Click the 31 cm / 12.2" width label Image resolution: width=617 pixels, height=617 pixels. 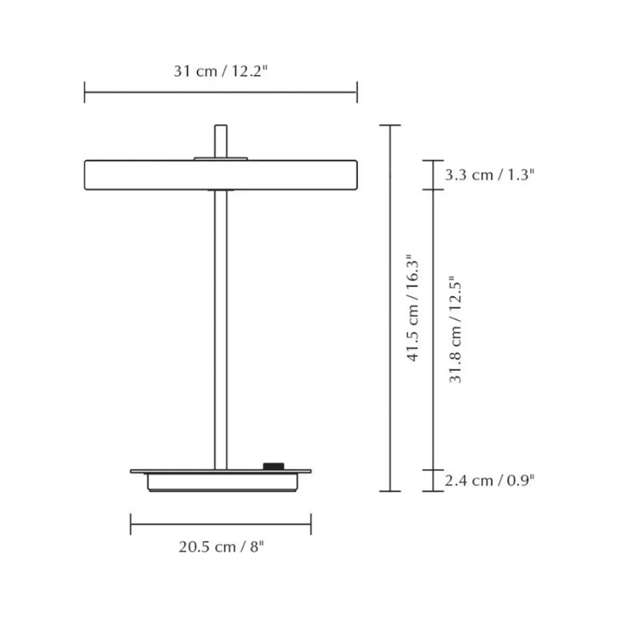click(x=221, y=71)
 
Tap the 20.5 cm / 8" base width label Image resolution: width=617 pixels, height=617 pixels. click(x=221, y=547)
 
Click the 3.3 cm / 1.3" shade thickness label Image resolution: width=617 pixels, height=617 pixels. click(x=490, y=175)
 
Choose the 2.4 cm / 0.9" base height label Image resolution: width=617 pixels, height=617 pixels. click(x=490, y=481)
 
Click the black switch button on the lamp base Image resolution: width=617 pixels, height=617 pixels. click(x=273, y=466)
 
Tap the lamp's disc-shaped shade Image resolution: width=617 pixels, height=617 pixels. click(x=221, y=175)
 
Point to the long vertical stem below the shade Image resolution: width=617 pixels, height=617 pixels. click(x=221, y=329)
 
